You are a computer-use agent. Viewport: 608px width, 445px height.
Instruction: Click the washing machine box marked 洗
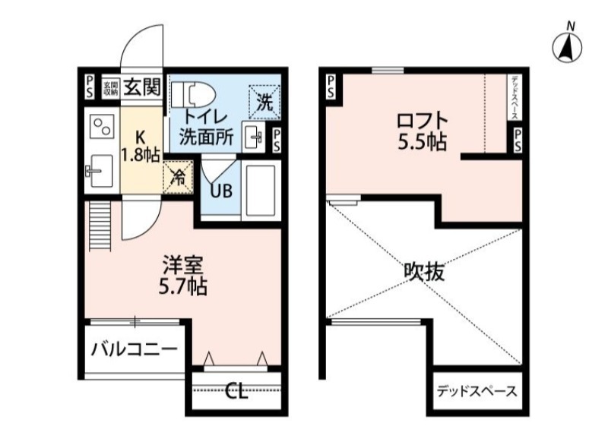click(264, 99)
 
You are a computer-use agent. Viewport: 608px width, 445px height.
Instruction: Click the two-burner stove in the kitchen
click(100, 126)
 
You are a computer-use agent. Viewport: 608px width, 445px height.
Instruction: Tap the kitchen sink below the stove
click(99, 172)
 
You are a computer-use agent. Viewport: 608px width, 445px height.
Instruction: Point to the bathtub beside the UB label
click(261, 190)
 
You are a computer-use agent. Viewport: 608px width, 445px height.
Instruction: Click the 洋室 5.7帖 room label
click(183, 276)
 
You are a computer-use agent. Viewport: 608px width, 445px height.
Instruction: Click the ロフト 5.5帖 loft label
click(420, 131)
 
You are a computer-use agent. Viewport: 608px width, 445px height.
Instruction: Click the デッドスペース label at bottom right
click(477, 392)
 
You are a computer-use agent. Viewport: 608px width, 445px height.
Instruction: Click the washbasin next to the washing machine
click(254, 138)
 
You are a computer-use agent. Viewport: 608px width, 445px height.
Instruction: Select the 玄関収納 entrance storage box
click(109, 87)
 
